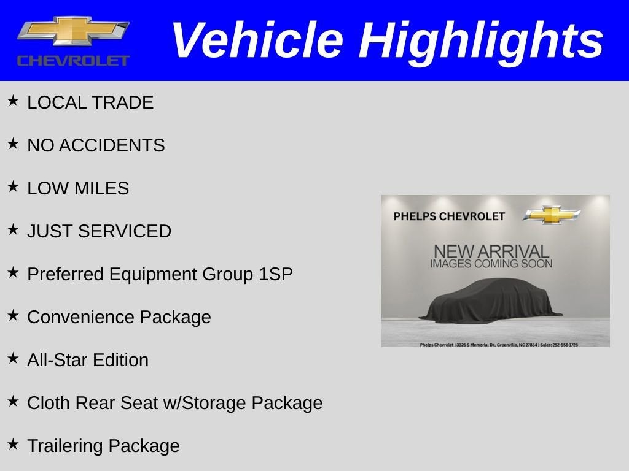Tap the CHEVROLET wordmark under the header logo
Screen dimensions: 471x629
pos(73,61)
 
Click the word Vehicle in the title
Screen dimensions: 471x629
pos(256,40)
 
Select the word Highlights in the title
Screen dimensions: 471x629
pos(481,40)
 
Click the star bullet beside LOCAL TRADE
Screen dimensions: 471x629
pos(13,101)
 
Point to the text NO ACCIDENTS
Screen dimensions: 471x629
pos(96,145)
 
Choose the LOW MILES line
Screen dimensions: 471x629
pos(78,188)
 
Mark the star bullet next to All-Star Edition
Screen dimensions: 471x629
pos(13,358)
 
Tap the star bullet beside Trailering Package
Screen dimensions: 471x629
pos(13,444)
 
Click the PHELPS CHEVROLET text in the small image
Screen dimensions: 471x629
pos(449,216)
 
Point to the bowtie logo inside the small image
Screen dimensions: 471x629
pos(552,215)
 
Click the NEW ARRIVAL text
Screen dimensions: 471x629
pos(491,251)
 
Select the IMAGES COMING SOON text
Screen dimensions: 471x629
pos(491,264)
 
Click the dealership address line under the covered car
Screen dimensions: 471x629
pos(498,345)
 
